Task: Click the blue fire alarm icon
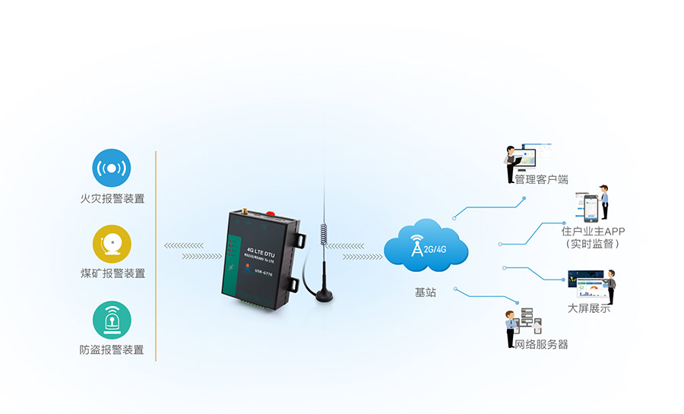pos(112,168)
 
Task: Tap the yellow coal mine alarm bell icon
pos(112,243)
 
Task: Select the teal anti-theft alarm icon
pos(112,320)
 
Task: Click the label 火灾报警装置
pos(112,199)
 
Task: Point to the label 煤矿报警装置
pos(112,273)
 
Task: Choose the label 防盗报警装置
pos(112,350)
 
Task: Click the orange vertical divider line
pos(156,255)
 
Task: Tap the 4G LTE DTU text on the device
pos(261,248)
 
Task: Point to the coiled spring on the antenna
pos(325,232)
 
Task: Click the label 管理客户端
pos(541,180)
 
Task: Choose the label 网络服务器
pos(541,344)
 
